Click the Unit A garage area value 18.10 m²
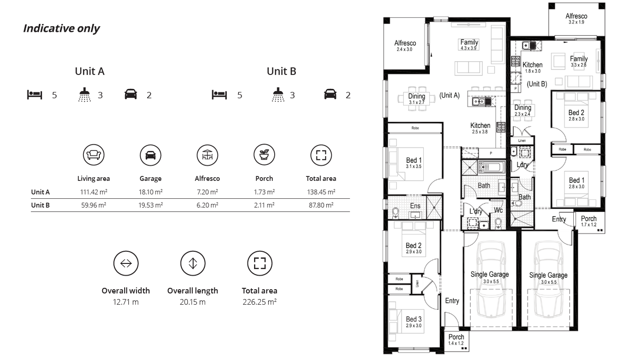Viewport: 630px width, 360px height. pos(150,192)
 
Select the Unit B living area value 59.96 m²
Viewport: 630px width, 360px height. pos(94,205)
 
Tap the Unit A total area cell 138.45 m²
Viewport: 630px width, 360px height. pos(321,192)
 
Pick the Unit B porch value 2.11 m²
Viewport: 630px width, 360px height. pos(264,205)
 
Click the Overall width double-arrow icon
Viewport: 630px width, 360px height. pos(126,263)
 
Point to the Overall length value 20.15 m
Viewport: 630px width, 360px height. pos(193,302)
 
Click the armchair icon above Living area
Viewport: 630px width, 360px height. pos(94,154)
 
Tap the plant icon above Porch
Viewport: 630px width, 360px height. pos(264,154)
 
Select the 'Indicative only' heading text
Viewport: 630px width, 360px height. pos(61,29)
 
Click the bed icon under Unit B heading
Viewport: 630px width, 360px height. pos(219,95)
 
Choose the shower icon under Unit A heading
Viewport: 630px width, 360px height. pos(84,95)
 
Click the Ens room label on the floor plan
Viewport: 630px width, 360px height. pos(415,206)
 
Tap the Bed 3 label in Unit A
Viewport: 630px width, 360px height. pos(414,322)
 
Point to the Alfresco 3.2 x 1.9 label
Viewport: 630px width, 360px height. pos(576,19)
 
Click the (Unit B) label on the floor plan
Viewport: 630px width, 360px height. pos(537,84)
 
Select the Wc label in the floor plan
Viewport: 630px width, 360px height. pos(498,210)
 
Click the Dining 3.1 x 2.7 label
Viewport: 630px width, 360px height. pos(417,98)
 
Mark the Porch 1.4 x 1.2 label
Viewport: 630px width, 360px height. pos(456,339)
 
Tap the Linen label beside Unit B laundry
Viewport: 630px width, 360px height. pos(522,141)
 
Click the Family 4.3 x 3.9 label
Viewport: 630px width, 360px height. pos(469,45)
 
